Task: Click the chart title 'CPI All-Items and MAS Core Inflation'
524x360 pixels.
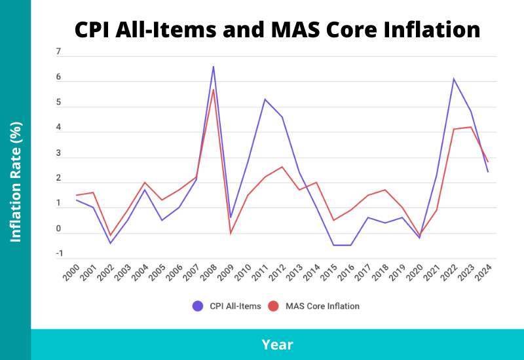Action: [277, 29]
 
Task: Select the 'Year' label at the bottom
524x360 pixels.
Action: [277, 344]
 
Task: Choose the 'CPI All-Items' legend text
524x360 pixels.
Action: [235, 306]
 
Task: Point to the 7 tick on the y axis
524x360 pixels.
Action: [58, 52]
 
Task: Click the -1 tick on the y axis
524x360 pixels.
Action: [58, 254]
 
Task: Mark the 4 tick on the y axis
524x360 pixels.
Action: [58, 128]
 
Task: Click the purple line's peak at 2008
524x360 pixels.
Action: [214, 66]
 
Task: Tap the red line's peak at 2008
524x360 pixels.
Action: [214, 89]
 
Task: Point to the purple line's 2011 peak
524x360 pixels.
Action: [265, 99]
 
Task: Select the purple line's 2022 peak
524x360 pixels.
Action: [453, 79]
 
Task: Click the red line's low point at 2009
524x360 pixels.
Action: [231, 233]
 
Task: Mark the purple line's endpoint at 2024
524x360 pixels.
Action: [488, 171]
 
